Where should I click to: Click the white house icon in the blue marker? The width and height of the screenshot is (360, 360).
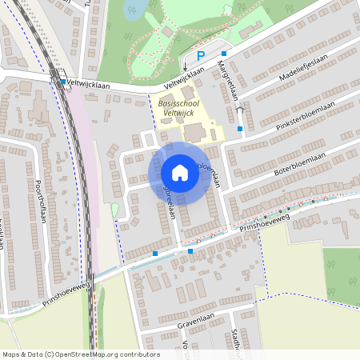coord(179,173)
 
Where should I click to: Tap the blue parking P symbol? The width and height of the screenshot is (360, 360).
coord(202,55)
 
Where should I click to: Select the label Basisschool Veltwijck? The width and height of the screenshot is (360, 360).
coord(177,108)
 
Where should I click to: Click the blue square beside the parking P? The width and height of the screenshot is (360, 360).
coord(225,53)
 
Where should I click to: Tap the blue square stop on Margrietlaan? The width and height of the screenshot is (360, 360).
coord(239,128)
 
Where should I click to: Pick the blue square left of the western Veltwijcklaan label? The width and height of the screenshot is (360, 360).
coord(62,82)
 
